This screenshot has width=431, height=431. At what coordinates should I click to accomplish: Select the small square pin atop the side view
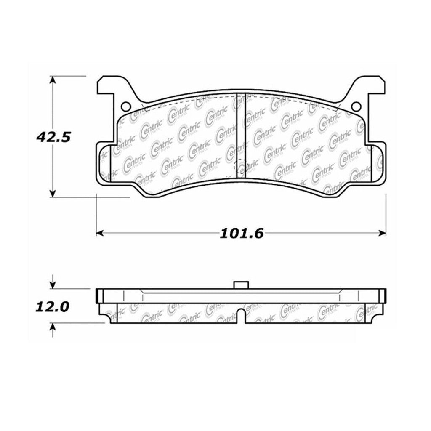pyautogui.click(x=240, y=285)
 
